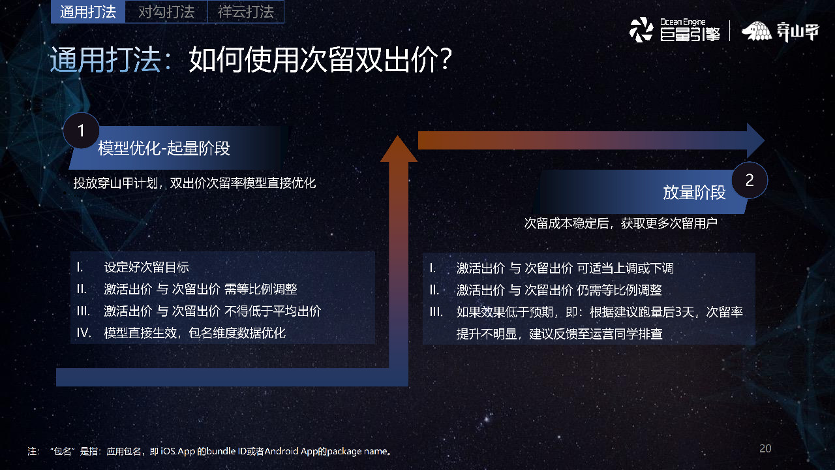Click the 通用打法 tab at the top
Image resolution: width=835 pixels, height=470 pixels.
(x=87, y=12)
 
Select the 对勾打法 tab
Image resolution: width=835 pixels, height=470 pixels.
(x=166, y=12)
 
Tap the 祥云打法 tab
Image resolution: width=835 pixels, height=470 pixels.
(x=245, y=12)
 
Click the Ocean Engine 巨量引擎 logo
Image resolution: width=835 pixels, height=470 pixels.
(x=675, y=30)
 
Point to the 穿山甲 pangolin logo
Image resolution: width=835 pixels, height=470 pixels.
(x=780, y=31)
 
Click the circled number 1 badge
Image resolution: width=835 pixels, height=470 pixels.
(x=82, y=131)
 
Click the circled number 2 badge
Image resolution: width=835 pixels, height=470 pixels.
(x=749, y=180)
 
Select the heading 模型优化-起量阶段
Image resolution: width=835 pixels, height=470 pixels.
(x=164, y=148)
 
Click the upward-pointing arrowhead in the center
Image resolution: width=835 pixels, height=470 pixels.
(x=398, y=149)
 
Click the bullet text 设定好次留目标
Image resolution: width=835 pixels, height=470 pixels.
(x=147, y=267)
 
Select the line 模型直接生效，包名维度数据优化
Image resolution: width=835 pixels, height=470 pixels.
(x=195, y=333)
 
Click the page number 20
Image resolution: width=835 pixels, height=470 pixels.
(x=765, y=448)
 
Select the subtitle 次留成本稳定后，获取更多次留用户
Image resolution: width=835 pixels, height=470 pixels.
(x=621, y=223)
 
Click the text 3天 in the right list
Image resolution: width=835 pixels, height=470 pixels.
(x=686, y=312)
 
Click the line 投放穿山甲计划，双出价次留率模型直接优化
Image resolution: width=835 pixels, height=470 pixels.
(x=194, y=183)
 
